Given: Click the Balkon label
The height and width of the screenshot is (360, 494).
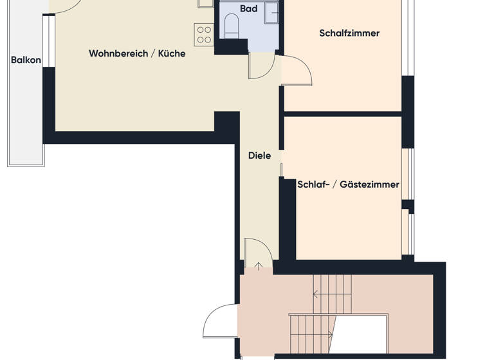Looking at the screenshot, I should tap(26, 60).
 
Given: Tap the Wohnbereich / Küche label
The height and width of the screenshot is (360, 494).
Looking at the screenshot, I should tap(137, 54).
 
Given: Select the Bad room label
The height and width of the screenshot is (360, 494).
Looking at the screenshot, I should tap(248, 9).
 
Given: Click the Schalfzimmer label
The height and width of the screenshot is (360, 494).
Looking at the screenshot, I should tap(349, 33).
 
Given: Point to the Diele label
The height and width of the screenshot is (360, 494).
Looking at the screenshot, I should tap(259, 156).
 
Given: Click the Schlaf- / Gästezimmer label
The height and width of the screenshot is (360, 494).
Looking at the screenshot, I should tap(348, 184).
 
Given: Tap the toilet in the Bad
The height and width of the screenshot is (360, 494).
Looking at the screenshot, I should tap(232, 26).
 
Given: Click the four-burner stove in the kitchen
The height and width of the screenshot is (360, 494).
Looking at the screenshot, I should tap(203, 34).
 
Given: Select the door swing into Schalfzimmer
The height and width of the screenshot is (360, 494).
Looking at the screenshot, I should tap(296, 71).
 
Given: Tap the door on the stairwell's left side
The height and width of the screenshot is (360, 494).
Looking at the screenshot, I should tap(219, 321).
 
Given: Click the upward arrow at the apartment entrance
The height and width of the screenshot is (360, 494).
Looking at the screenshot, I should tap(257, 265).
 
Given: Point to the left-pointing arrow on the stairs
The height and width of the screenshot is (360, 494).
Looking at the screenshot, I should tap(316, 295).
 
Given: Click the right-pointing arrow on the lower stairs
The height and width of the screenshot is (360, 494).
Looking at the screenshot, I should tap(331, 334).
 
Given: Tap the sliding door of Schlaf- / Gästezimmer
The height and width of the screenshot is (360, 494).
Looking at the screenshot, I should tap(281, 169).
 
